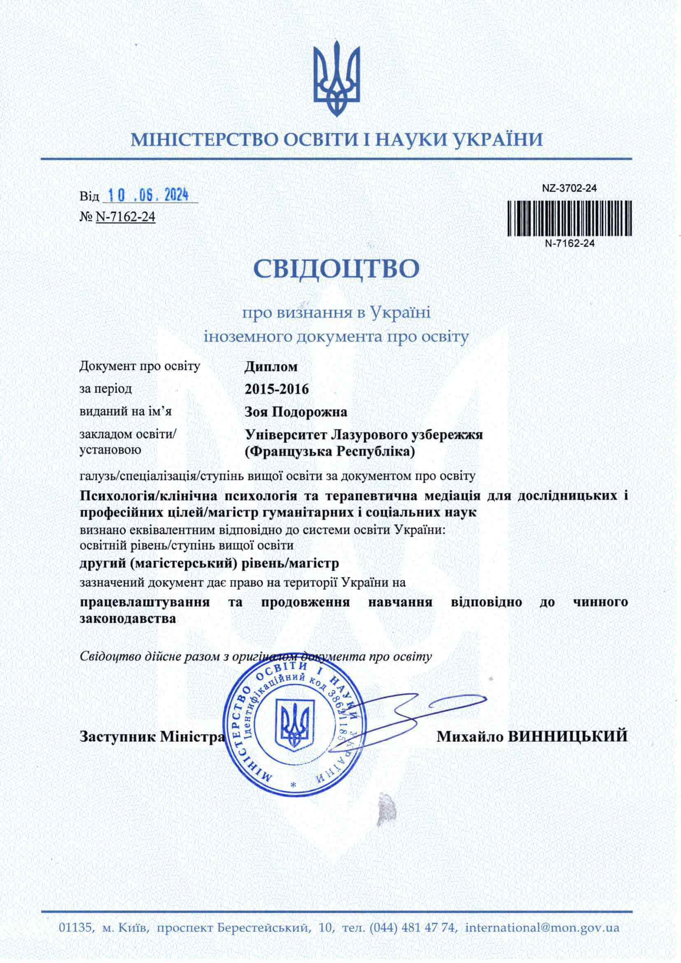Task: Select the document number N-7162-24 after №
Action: pyautogui.click(x=126, y=217)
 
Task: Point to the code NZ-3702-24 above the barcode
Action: pyautogui.click(x=569, y=188)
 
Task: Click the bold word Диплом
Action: pyautogui.click(x=271, y=367)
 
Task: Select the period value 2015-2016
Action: pyautogui.click(x=277, y=389)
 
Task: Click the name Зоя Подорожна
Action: pyautogui.click(x=296, y=412)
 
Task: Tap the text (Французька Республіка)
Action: pyautogui.click(x=330, y=452)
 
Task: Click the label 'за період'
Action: pyautogui.click(x=106, y=389)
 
